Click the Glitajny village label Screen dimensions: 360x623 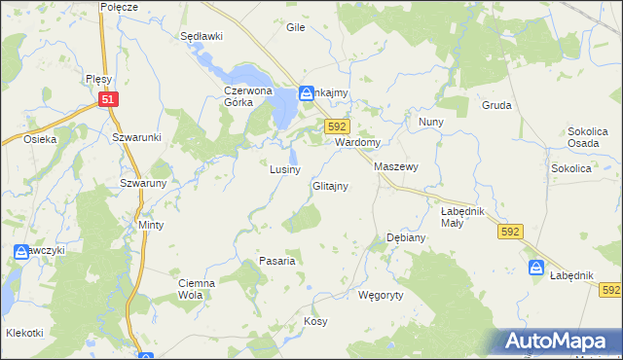(330, 186)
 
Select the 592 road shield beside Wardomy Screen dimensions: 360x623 (337, 126)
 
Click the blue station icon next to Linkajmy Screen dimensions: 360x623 (306, 93)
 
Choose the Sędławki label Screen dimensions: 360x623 (202, 36)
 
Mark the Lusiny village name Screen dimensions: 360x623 (284, 169)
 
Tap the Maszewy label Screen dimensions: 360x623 (396, 167)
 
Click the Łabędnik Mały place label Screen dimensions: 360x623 (463, 216)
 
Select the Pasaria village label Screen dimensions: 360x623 (277, 261)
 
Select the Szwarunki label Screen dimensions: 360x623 (135, 138)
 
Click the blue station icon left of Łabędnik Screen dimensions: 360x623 (535, 268)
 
